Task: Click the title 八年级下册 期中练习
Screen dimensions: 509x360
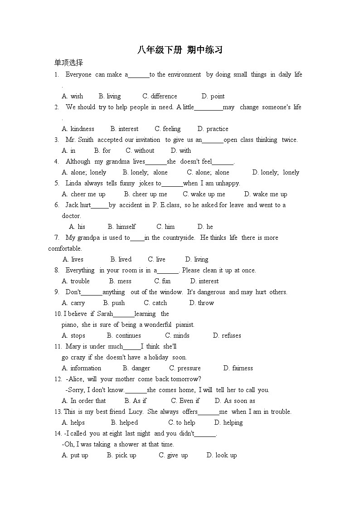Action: pos(180,50)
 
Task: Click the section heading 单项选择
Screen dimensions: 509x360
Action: pos(68,63)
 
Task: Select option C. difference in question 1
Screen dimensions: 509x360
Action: pos(160,96)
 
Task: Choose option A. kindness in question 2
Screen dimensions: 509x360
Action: pos(78,129)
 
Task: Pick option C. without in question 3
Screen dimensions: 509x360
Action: pos(140,150)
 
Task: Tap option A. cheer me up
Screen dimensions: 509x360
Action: pos(83,194)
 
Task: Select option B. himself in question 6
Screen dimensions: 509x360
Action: pos(122,227)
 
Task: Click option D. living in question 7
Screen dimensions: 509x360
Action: pos(197,259)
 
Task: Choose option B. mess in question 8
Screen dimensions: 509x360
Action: pos(120,281)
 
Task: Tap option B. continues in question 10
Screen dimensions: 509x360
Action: pos(124,335)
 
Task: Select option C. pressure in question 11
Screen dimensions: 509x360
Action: pos(185,368)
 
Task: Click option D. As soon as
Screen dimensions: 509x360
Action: pos(235,401)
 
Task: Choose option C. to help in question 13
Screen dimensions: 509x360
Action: pos(182,422)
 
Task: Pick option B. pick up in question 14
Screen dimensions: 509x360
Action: pos(122,455)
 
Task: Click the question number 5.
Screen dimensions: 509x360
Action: pos(57,183)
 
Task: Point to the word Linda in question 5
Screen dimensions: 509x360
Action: pos(73,183)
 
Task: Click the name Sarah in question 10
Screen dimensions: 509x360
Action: pos(105,314)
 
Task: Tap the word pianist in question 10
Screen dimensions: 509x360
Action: pos(185,325)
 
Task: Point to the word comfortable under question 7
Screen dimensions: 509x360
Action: pos(65,248)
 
